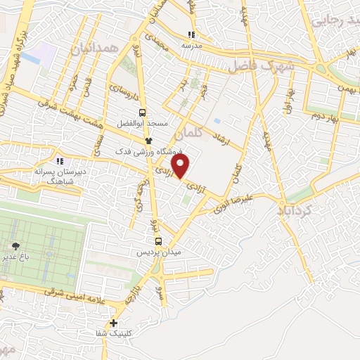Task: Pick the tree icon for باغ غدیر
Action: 15,246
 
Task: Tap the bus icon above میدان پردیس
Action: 157,240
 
